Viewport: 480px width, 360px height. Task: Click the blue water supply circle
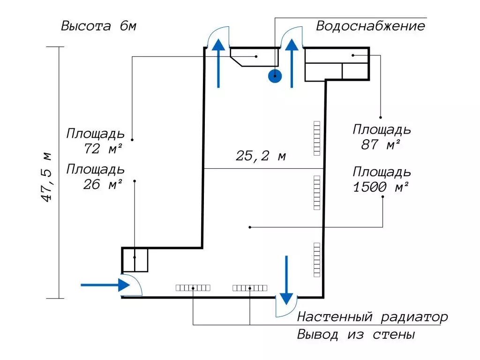tap(275, 76)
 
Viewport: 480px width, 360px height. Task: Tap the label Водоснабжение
tap(370, 26)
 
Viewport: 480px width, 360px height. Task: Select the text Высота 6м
tap(98, 26)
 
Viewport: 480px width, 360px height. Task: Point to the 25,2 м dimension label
tap(261, 156)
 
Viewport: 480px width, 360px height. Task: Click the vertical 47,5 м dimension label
tap(46, 177)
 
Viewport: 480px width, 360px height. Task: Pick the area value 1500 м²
tap(381, 187)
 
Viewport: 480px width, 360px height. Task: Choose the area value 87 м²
tap(381, 144)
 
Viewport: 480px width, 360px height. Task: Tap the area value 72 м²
tap(103, 149)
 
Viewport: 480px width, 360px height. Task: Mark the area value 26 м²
tap(103, 184)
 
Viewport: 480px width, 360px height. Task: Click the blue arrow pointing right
tap(105, 285)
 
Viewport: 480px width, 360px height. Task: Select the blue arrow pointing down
tap(286, 280)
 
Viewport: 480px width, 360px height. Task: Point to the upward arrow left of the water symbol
tap(218, 63)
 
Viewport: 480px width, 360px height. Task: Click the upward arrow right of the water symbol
tap(292, 63)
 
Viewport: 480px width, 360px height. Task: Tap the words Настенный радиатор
tap(372, 317)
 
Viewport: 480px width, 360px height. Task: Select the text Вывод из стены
tap(356, 334)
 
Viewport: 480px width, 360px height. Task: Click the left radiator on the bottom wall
tap(193, 288)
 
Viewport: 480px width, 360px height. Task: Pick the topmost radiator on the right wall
tap(317, 138)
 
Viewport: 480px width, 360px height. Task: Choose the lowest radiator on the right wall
tap(317, 260)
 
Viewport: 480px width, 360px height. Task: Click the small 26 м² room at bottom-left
tap(135, 260)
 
